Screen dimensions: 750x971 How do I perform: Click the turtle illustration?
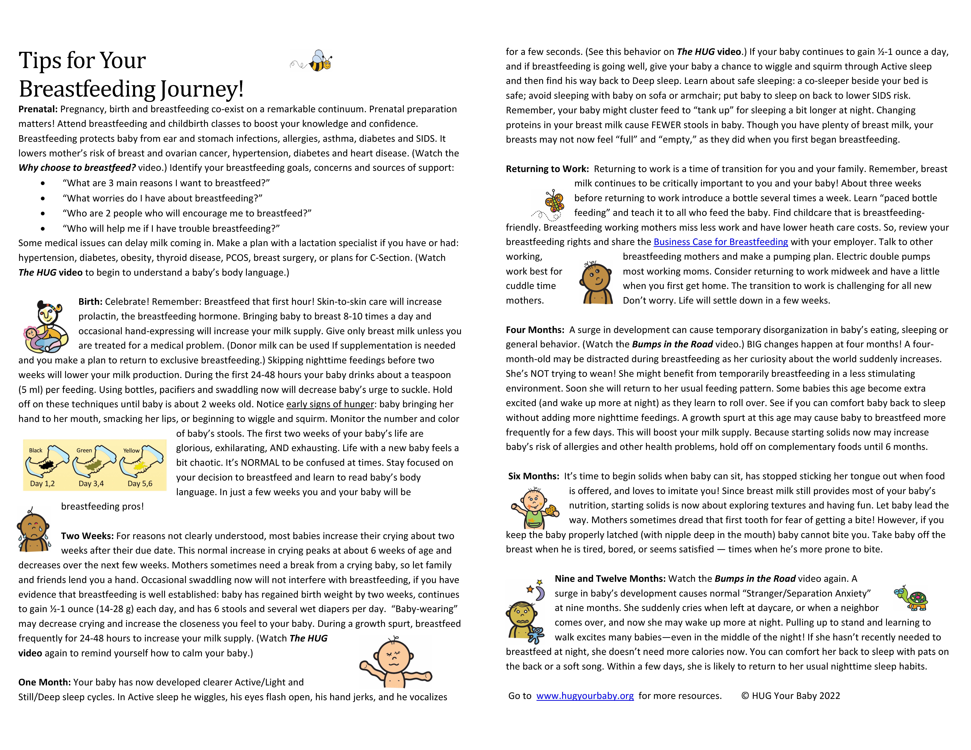click(x=912, y=598)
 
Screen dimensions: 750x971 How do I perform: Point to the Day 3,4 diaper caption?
click(x=91, y=483)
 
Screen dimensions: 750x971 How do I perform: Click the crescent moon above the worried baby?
click(x=540, y=593)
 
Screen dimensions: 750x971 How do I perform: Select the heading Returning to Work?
click(x=547, y=169)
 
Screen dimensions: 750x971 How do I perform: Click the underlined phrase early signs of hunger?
click(x=330, y=404)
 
